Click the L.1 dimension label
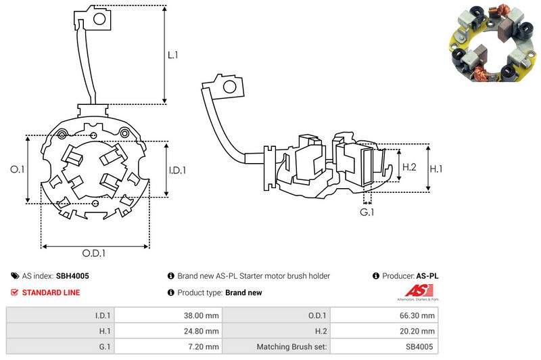pyautogui.click(x=173, y=55)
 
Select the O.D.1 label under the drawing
pyautogui.click(x=95, y=253)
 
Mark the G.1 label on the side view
pyautogui.click(x=367, y=212)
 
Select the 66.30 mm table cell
pyautogui.click(x=418, y=315)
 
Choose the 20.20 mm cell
pyautogui.click(x=418, y=331)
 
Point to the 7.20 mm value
pyautogui.click(x=204, y=347)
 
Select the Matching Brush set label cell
pyautogui.click(x=292, y=347)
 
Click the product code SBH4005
pyautogui.click(x=72, y=276)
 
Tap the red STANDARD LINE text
pyautogui.click(x=51, y=293)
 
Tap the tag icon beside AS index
pyautogui.click(x=15, y=276)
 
